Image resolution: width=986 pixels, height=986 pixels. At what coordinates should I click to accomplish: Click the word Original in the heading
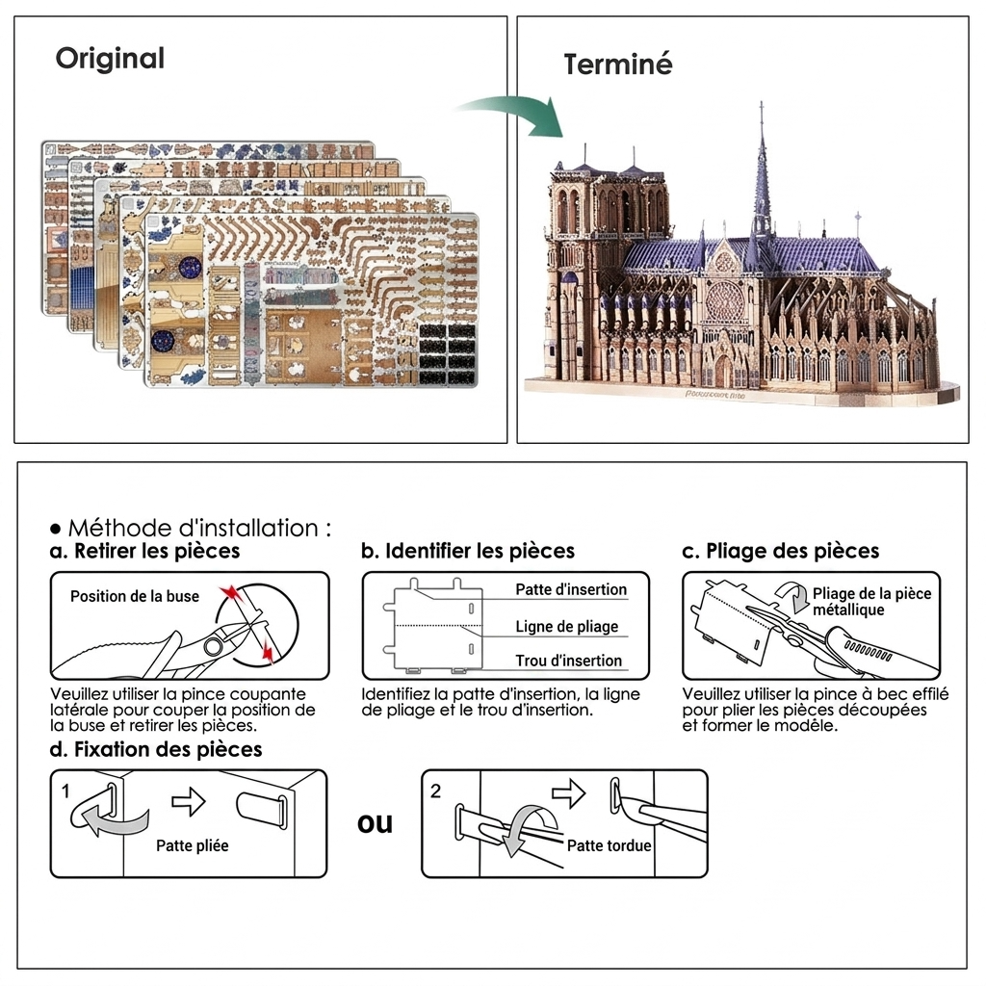point(110,59)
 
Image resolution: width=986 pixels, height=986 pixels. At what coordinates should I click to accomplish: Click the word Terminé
point(618,65)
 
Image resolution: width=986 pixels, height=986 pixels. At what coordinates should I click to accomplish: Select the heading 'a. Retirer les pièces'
point(144,551)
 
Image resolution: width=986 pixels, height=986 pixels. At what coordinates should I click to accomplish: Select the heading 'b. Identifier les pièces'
point(468,551)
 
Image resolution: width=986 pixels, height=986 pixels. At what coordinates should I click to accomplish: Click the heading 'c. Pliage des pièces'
point(780,551)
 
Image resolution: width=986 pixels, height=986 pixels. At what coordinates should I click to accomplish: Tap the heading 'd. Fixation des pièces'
point(156,749)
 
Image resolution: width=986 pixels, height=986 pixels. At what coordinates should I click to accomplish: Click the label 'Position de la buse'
point(135,596)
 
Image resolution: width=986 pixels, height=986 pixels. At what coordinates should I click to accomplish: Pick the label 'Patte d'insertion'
point(571,589)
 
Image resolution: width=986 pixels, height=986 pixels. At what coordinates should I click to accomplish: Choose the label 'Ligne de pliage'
point(566,626)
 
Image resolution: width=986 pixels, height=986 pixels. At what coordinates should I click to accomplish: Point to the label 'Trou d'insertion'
point(568,661)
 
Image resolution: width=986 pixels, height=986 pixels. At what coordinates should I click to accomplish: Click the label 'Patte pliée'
point(193,845)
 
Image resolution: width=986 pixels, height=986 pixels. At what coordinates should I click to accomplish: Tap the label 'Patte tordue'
point(609,845)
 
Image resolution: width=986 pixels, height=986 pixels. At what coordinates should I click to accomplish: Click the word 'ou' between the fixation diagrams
point(375,824)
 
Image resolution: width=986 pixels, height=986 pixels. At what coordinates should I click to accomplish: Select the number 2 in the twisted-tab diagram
point(436,791)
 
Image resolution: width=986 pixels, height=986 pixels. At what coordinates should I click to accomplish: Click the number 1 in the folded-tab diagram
point(65,791)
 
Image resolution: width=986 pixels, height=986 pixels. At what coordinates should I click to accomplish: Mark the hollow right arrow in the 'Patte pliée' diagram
point(189,802)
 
